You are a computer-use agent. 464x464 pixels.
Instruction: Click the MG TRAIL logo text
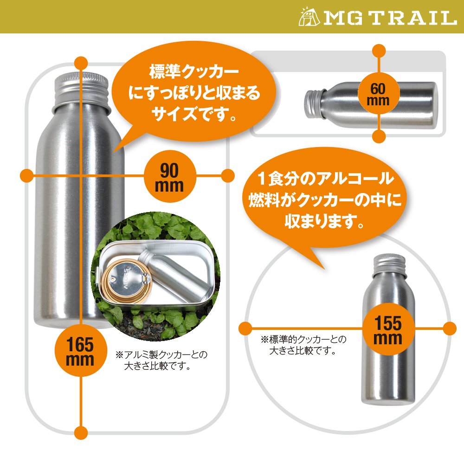click(x=390, y=18)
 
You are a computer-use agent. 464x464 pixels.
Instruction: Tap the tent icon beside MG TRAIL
click(x=309, y=17)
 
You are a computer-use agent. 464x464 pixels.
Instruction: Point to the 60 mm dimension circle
click(x=379, y=93)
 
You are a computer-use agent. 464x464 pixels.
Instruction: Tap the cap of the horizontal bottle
click(x=314, y=104)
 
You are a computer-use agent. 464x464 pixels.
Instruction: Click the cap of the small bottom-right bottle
click(x=389, y=263)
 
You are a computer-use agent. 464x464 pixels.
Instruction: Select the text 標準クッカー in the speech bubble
click(x=194, y=72)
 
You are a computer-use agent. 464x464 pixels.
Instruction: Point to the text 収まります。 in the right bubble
click(x=324, y=220)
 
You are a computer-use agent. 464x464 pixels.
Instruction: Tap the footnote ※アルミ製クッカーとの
click(x=161, y=354)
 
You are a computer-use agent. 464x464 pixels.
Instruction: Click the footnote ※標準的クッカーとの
click(x=303, y=340)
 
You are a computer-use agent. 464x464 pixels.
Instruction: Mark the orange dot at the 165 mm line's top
click(x=81, y=64)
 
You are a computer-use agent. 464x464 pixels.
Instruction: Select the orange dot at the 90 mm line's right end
click(x=227, y=176)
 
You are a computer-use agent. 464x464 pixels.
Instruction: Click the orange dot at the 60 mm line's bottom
click(x=379, y=136)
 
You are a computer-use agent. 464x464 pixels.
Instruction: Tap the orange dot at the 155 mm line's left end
click(x=245, y=329)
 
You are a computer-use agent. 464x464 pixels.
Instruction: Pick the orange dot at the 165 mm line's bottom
click(x=81, y=432)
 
